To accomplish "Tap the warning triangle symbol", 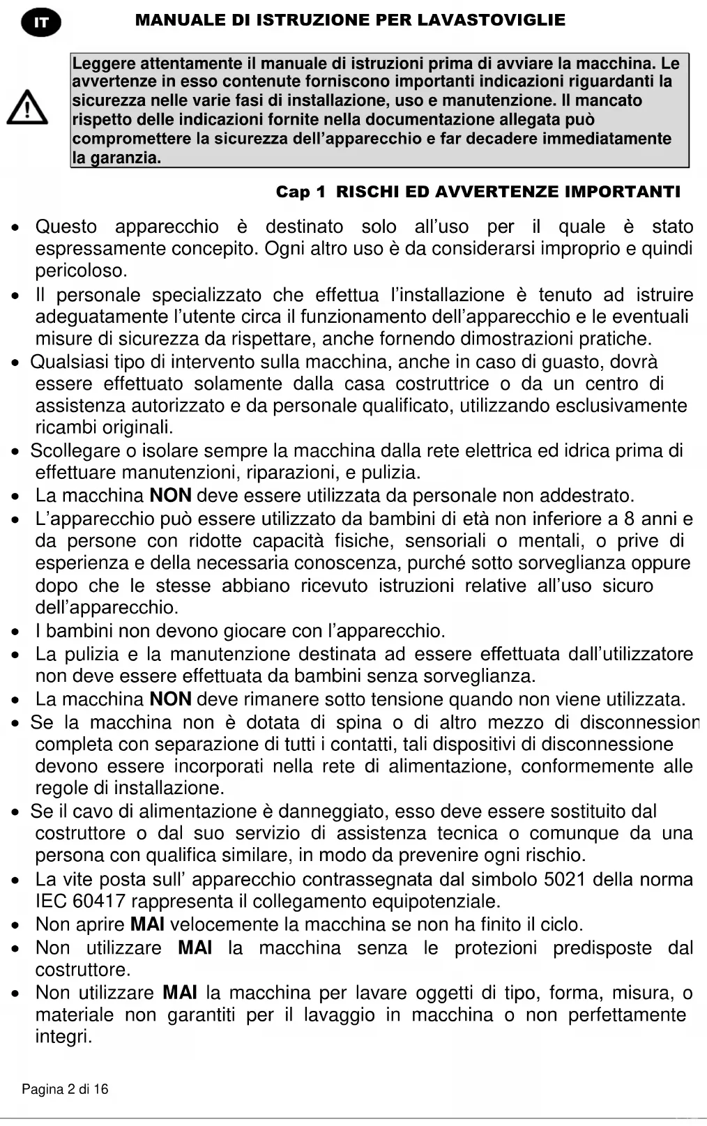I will [27, 108].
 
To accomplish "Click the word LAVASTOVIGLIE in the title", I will [492, 20].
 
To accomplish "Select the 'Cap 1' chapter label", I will [301, 192].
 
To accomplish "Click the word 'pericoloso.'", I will [82, 271].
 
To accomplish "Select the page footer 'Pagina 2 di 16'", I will [65, 1089].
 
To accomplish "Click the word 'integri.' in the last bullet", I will [63, 1037].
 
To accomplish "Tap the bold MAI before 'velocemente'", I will [147, 925].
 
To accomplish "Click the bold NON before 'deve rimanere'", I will [171, 699].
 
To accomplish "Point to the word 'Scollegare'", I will [74, 450].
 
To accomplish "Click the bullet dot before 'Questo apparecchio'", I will [15, 227].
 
